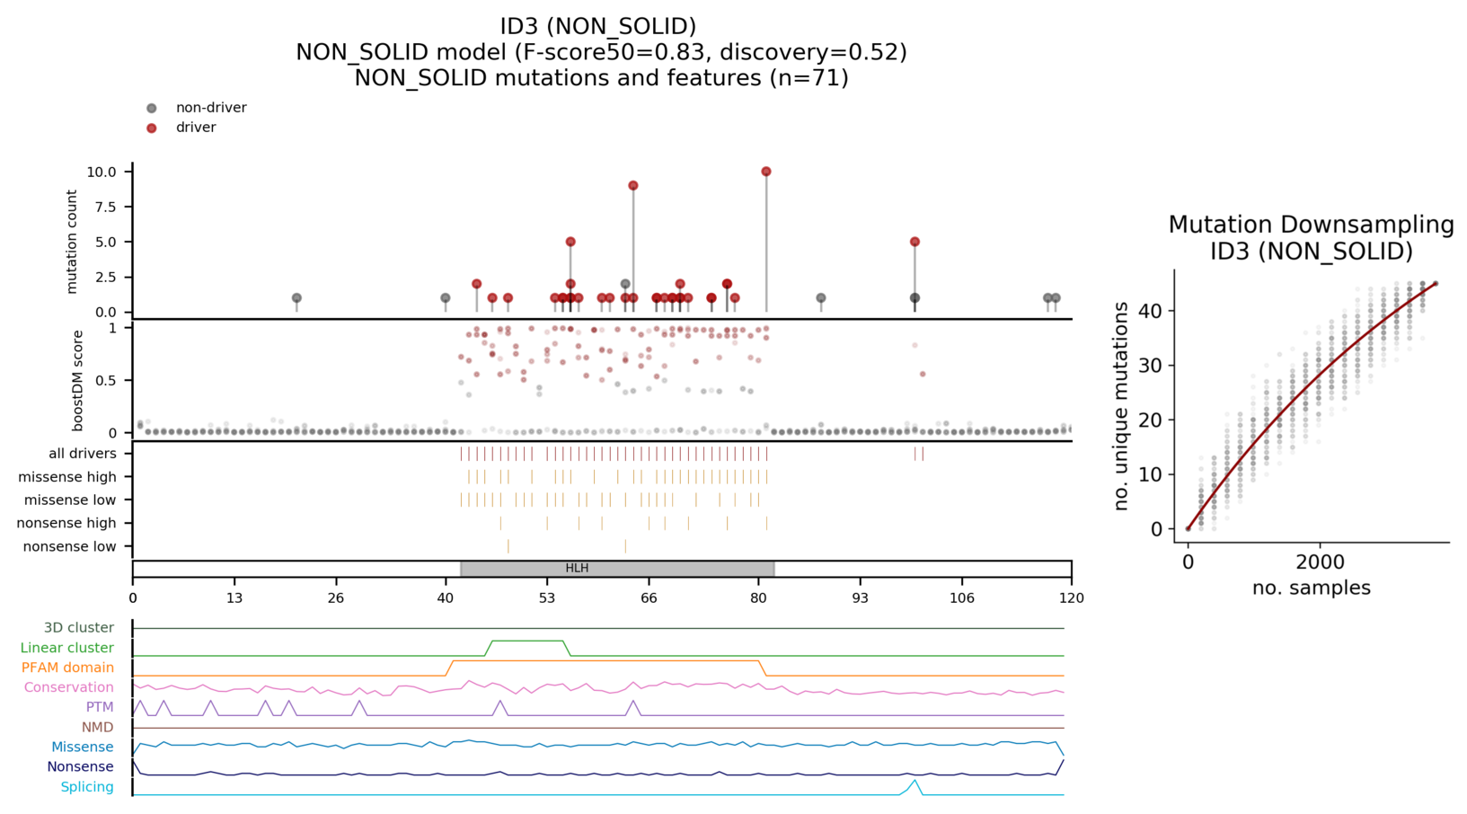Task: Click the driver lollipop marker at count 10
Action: (x=766, y=172)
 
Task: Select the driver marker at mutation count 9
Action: (x=633, y=186)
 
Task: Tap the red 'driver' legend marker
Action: (x=152, y=128)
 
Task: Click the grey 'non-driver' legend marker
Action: (x=152, y=108)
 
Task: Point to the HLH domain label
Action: (x=577, y=569)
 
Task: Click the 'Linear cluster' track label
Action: (x=67, y=648)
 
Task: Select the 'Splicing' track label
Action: (x=87, y=787)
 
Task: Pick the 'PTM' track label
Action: (x=100, y=707)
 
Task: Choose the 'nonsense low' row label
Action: (x=69, y=546)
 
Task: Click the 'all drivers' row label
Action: (x=83, y=454)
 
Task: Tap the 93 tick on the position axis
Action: (x=861, y=598)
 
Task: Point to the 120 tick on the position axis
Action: (x=1071, y=598)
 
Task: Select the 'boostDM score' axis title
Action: (x=78, y=381)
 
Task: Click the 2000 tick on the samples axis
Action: (x=1320, y=563)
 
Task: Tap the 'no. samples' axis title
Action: (x=1311, y=588)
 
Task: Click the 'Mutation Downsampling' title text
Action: (x=1311, y=225)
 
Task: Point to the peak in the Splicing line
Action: (x=915, y=781)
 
